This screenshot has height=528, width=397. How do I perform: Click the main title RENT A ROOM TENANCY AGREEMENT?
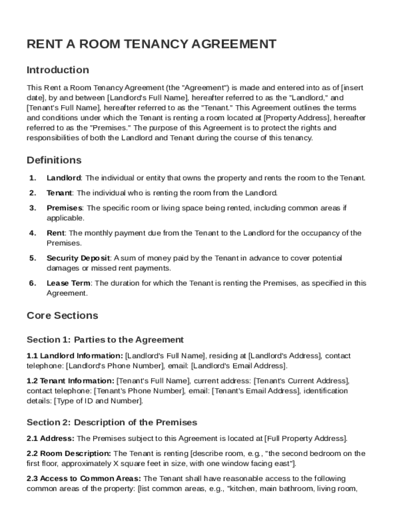(x=151, y=44)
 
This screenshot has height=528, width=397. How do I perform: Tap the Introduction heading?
(x=58, y=70)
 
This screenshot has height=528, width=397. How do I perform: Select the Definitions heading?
(x=54, y=160)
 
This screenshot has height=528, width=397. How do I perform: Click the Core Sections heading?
(x=62, y=315)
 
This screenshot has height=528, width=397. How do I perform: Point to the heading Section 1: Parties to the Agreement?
(x=105, y=340)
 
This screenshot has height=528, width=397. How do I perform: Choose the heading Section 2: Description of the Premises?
(x=112, y=423)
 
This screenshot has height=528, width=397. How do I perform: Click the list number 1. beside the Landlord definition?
(x=32, y=178)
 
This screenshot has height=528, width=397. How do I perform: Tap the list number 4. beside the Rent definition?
(x=32, y=233)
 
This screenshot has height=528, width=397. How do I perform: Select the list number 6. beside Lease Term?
(x=32, y=283)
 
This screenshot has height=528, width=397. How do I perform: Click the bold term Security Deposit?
(x=78, y=258)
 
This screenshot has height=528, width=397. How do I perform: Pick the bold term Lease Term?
(x=69, y=283)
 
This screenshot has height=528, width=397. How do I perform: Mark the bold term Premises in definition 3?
(x=64, y=208)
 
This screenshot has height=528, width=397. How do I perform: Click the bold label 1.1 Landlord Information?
(x=75, y=356)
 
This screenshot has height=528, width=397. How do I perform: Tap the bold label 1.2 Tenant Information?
(x=71, y=381)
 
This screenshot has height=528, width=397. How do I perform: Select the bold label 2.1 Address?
(x=51, y=439)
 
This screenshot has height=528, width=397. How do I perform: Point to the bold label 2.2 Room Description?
(x=69, y=454)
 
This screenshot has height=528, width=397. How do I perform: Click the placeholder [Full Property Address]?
(x=306, y=439)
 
